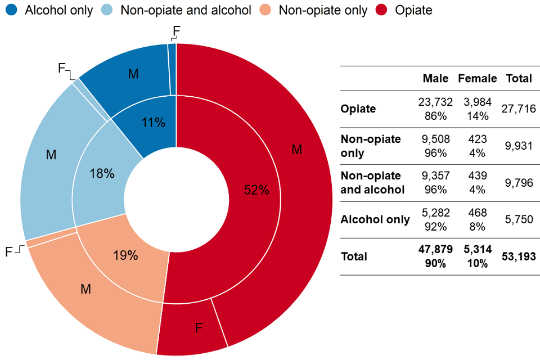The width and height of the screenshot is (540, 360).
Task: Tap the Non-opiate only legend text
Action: coord(323,10)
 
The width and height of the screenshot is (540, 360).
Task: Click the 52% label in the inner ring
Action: coord(256,190)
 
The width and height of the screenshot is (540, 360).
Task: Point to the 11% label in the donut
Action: coord(154,122)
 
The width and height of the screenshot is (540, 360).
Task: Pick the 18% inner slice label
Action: coord(102,174)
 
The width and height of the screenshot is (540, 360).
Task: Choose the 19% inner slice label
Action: coord(125,255)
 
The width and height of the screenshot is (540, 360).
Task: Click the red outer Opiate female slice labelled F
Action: coord(198,328)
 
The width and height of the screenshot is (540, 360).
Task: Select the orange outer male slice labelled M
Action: coord(85,289)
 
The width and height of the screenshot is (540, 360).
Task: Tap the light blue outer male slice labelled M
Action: coord(51,154)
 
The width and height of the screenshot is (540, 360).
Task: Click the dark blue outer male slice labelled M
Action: coord(133,74)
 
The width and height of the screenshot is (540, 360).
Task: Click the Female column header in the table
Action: coord(478,79)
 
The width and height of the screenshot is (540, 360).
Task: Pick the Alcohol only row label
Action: coord(375,219)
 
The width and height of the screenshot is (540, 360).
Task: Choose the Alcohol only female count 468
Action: coord(477,213)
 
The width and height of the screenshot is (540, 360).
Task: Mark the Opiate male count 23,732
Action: coord(435,102)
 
